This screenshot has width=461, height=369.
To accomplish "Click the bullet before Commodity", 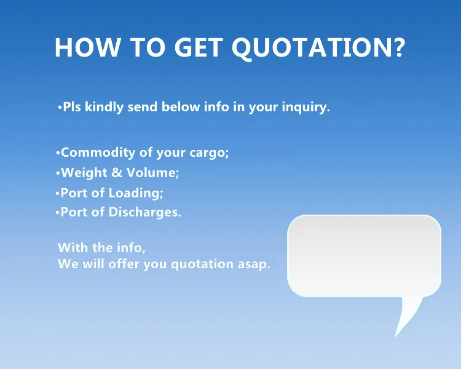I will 58,153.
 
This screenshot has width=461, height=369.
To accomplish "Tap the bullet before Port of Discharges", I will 57,213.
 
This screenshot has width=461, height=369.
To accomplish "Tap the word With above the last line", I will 73,248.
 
